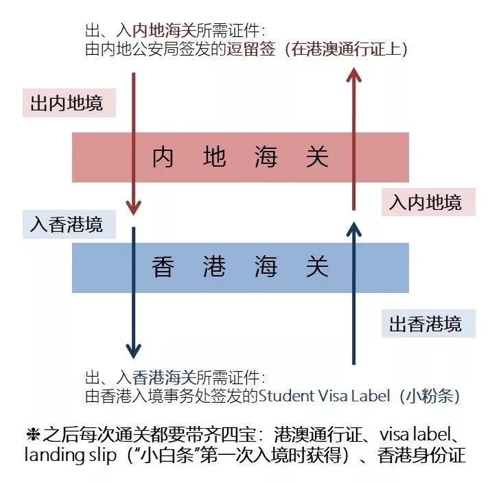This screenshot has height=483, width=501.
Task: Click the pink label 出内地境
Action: coord(69,103)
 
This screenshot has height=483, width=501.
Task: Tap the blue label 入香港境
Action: coord(69,224)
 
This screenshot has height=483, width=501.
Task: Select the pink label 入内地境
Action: coord(428,202)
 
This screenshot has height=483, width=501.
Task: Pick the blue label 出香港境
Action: coord(428,323)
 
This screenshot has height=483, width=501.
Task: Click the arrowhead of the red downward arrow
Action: coord(134,208)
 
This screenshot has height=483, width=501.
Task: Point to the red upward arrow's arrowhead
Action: coord(353,74)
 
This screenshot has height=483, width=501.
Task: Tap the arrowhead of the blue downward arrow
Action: coord(134,351)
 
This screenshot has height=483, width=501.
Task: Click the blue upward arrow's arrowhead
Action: coord(353,228)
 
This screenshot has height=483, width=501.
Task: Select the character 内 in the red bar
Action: coord(163,157)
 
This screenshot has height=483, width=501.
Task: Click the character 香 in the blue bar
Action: coord(163,267)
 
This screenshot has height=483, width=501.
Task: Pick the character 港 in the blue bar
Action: coord(214,267)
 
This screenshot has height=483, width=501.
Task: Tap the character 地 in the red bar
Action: coord(214,157)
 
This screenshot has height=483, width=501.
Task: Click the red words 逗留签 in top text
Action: coord(251,49)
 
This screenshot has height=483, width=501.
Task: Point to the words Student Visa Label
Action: coord(325,396)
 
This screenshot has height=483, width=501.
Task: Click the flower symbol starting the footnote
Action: coord(33,434)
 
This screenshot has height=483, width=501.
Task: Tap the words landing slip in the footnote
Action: coord(70,456)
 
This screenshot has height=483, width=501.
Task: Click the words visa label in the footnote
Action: coord(415,434)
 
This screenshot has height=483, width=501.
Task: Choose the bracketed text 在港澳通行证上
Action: coord(346,49)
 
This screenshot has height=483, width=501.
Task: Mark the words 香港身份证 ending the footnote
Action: coord(421,455)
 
